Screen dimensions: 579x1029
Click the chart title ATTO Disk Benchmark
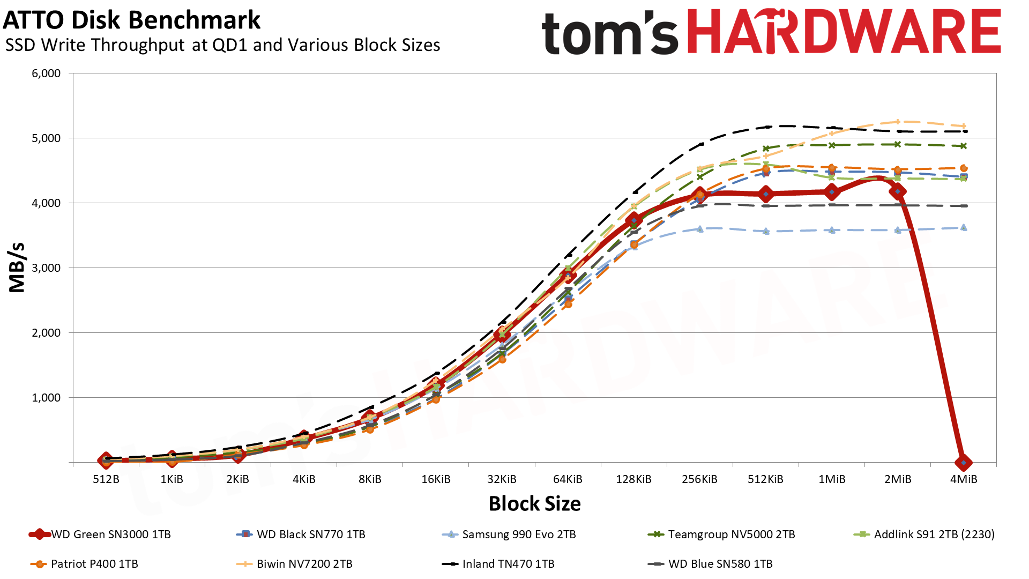(x=131, y=20)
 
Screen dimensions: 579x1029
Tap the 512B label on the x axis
(x=106, y=479)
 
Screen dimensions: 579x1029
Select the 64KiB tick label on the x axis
(x=568, y=479)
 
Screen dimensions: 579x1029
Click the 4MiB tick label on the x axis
(x=964, y=479)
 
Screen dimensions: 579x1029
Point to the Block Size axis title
(x=534, y=504)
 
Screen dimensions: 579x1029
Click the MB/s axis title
(x=17, y=268)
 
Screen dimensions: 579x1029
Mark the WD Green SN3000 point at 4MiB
(x=964, y=462)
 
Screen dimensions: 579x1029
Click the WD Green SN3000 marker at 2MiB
(x=898, y=191)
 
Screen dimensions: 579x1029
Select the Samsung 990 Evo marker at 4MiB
(x=964, y=228)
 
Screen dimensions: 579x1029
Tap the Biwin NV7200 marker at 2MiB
(x=898, y=122)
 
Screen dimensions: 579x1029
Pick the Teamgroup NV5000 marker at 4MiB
(x=964, y=146)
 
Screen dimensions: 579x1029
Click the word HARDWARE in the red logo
(x=844, y=32)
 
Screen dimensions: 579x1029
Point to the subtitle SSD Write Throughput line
(x=222, y=45)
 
